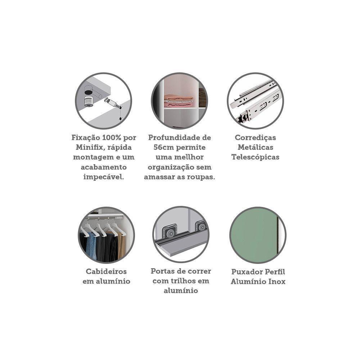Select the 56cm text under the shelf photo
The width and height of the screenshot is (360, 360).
pos(163,147)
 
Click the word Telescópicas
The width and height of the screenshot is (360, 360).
pos(255,158)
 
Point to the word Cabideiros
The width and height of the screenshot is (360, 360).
pos(106,271)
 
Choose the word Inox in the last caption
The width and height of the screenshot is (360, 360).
pos(277,282)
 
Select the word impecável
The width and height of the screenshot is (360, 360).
pos(104,177)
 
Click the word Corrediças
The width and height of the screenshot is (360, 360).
pos(255,138)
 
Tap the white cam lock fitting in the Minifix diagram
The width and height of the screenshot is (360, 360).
pos(89,101)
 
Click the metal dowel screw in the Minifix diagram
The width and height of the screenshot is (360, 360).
pos(111,102)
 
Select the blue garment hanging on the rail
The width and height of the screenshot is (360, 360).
pos(91,246)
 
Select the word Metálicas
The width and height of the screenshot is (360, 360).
pos(255,147)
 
